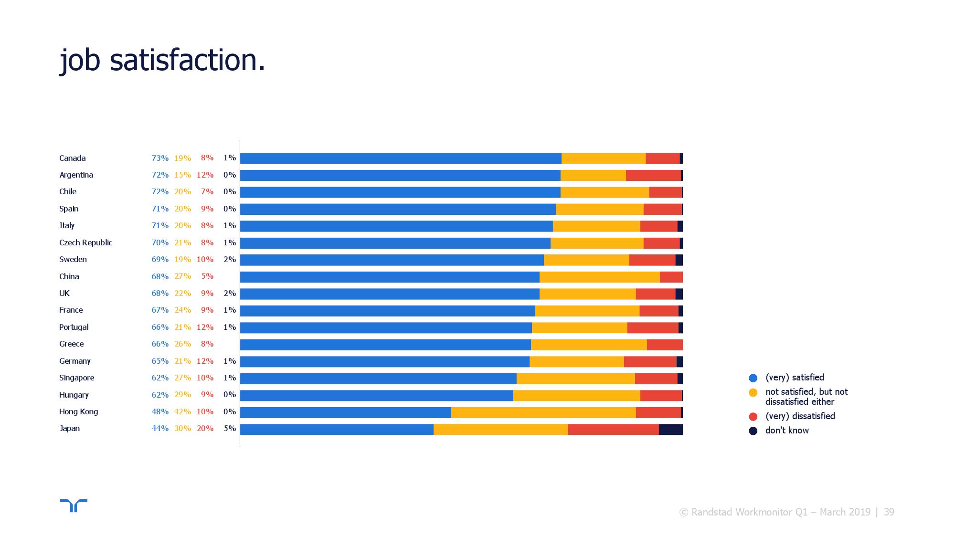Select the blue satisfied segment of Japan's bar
click(x=337, y=430)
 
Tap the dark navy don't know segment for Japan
click(x=671, y=430)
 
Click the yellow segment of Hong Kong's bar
click(x=543, y=412)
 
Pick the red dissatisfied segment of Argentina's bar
click(x=653, y=175)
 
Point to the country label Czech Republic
click(x=85, y=242)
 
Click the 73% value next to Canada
click(x=160, y=158)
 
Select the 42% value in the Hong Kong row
click(x=182, y=411)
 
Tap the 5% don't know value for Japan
click(x=230, y=428)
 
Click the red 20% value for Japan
click(x=205, y=428)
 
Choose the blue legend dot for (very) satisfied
click(x=753, y=378)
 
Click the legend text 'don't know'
click(x=787, y=431)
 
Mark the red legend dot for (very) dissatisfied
click(x=753, y=417)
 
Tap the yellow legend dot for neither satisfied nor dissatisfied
click(x=753, y=393)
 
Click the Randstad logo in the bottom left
click(x=74, y=505)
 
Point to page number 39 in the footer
click(x=889, y=512)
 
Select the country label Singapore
click(x=76, y=378)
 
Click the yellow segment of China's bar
click(x=600, y=277)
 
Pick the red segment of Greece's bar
click(x=665, y=345)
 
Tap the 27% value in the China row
click(x=182, y=276)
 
